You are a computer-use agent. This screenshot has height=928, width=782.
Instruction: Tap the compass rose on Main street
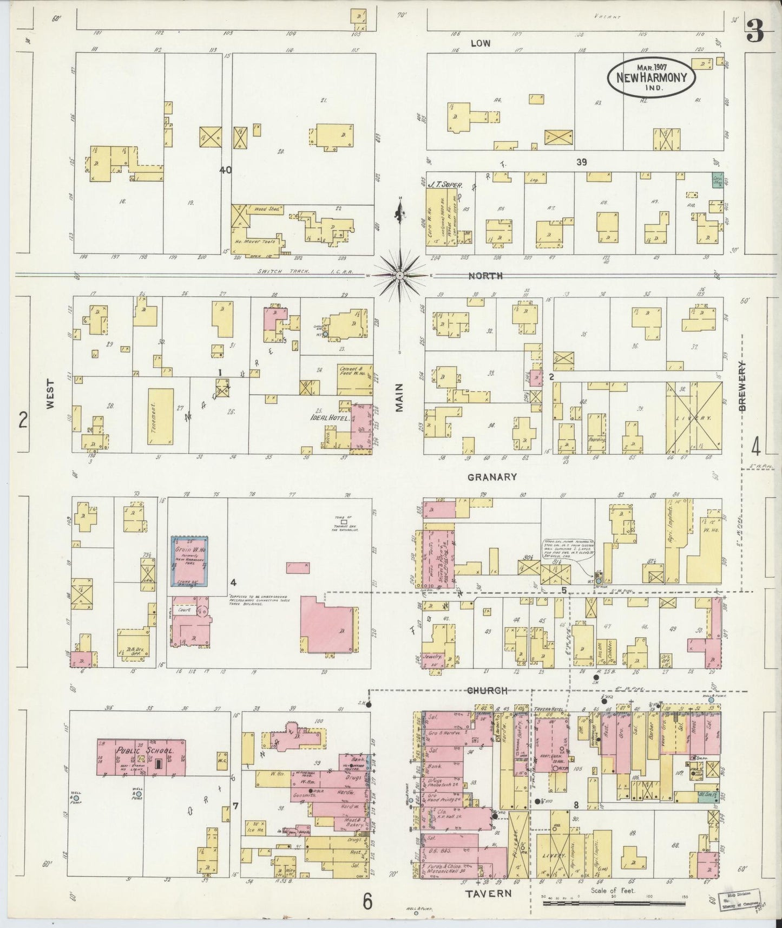[400, 275]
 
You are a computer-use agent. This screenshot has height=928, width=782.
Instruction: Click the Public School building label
[144, 751]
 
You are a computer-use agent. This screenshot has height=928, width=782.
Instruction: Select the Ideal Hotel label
[325, 419]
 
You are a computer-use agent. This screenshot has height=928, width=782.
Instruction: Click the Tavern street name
[489, 893]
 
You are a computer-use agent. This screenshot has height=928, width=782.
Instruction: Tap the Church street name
[487, 690]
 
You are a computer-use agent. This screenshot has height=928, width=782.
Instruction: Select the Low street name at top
[480, 43]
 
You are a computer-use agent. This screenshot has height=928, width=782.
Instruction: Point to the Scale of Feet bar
[614, 903]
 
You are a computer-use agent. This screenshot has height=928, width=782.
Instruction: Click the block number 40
[225, 169]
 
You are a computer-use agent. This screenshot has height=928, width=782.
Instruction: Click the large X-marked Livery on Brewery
[694, 417]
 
